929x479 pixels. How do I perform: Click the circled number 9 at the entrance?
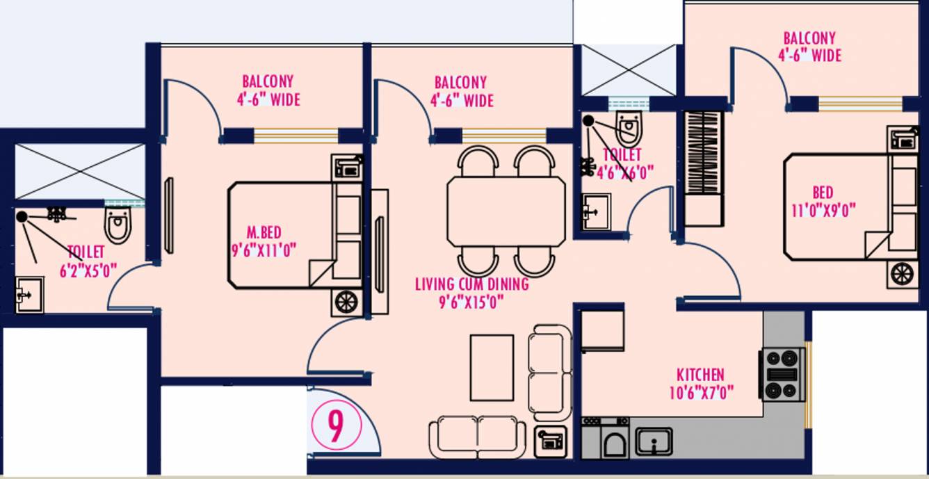click(335, 427)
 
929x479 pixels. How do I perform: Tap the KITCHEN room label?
click(700, 375)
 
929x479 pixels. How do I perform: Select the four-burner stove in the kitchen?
click(782, 375)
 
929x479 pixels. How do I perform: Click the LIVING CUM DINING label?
click(471, 284)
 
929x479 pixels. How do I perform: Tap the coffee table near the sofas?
click(492, 368)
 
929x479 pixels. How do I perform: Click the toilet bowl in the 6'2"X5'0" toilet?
click(118, 225)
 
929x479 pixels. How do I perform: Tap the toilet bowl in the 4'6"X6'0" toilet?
click(629, 127)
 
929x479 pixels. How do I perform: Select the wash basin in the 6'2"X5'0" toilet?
click(29, 295)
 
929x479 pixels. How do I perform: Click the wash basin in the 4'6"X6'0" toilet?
click(596, 211)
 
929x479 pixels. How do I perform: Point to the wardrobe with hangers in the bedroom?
click(704, 153)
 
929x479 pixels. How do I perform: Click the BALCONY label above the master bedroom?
click(268, 82)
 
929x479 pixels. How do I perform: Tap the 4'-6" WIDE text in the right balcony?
click(809, 56)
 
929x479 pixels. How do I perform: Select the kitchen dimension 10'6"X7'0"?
click(700, 393)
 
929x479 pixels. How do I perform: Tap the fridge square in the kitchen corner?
click(602, 331)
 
